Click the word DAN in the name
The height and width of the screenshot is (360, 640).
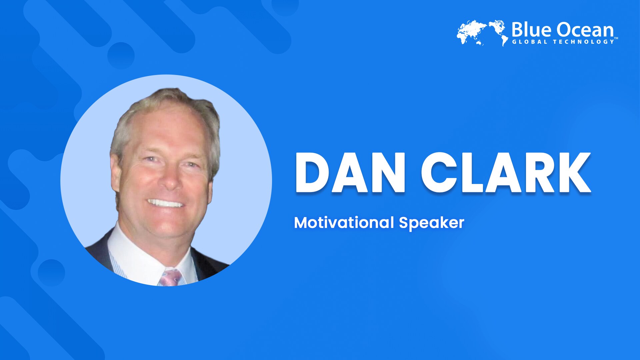pyautogui.click(x=350, y=173)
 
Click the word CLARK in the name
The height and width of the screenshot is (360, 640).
pyautogui.click(x=506, y=173)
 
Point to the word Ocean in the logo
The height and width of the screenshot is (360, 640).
pyautogui.click(x=585, y=30)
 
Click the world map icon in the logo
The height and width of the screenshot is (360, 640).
pyautogui.click(x=482, y=33)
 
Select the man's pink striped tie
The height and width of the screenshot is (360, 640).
pyautogui.click(x=171, y=278)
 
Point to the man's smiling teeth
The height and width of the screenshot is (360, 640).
pyautogui.click(x=165, y=203)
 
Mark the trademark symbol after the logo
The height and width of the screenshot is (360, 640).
pyautogui.click(x=616, y=38)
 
